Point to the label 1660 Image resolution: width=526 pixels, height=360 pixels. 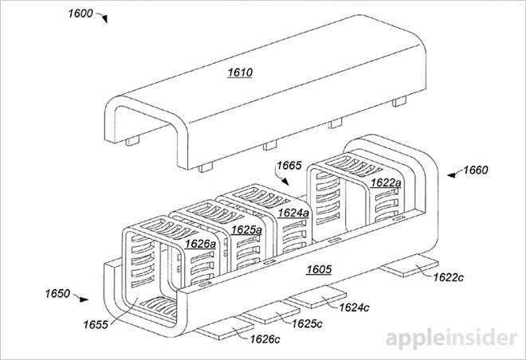pos(480,169)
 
